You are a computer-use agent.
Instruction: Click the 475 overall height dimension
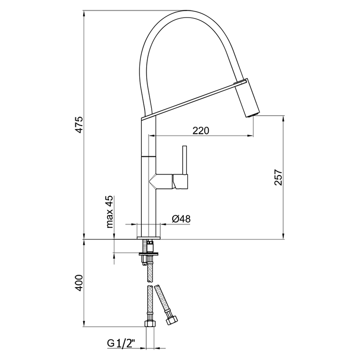point(78,124)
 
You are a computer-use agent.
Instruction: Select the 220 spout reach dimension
point(201,130)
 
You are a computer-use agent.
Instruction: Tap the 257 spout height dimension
point(277,178)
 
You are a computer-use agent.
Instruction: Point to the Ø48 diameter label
point(181,219)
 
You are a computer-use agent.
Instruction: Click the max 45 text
point(109,211)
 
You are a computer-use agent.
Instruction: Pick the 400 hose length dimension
point(78,283)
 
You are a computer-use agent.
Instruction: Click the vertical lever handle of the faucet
point(184,160)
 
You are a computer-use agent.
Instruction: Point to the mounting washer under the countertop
point(149,255)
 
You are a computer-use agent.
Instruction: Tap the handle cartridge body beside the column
point(180,181)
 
